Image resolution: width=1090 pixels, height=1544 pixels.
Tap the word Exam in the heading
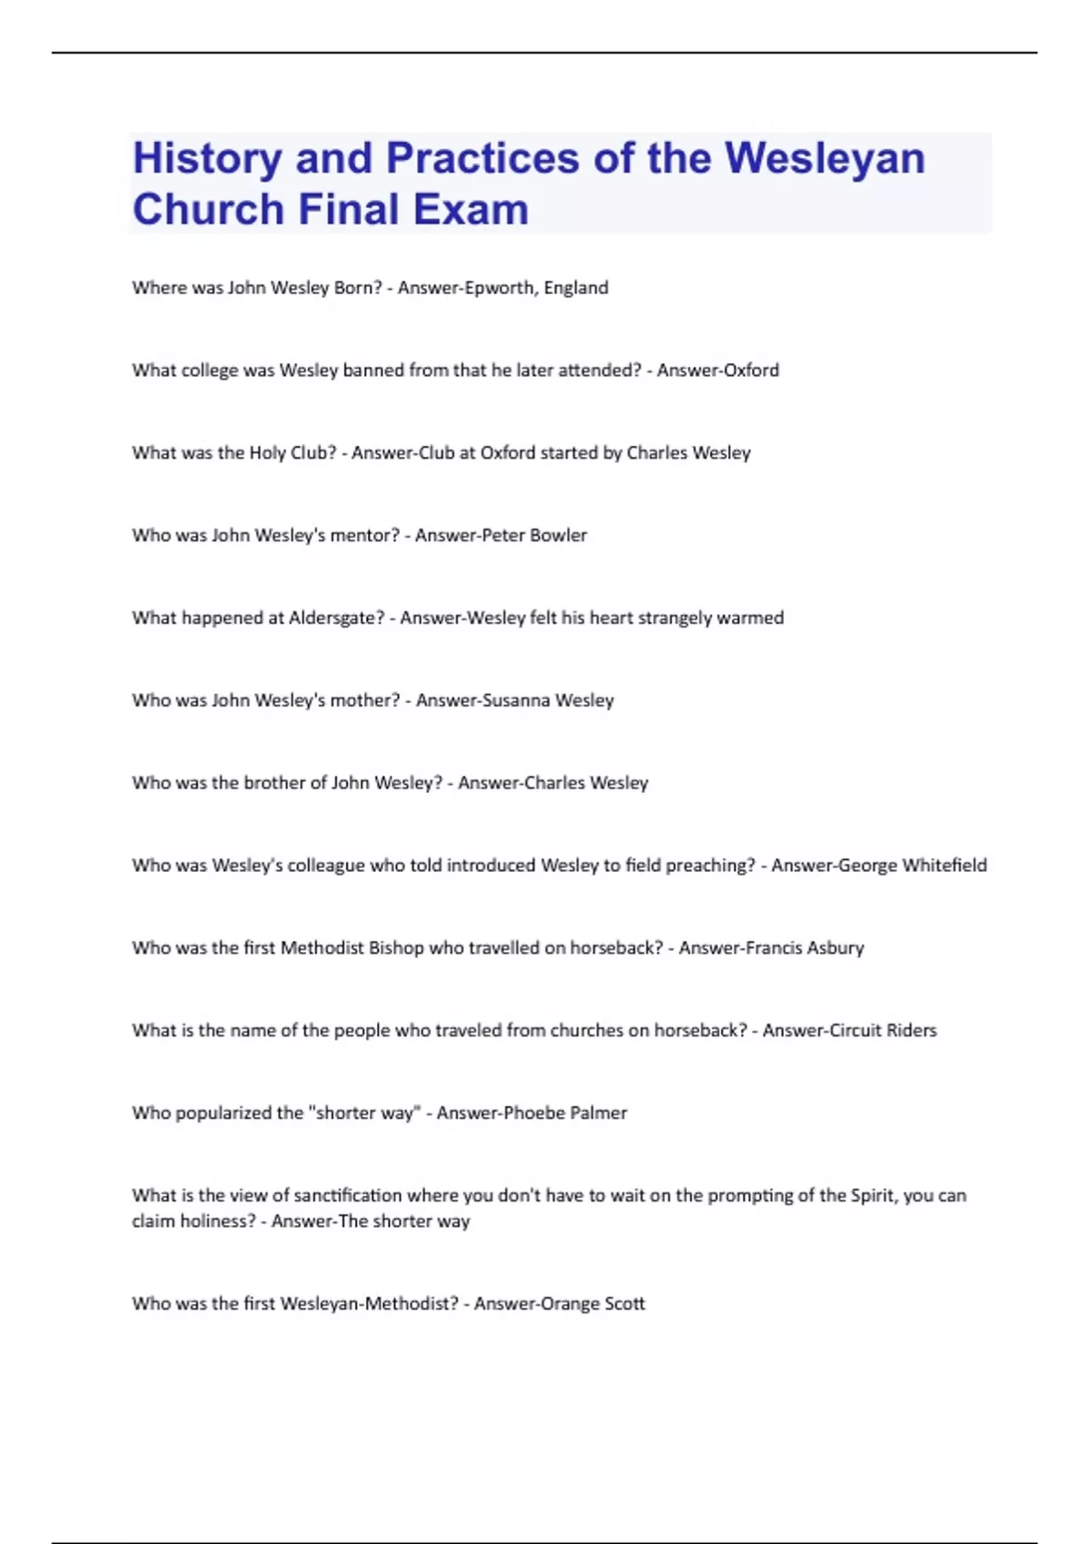pos(471,210)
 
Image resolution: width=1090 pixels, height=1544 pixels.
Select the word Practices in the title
pos(482,158)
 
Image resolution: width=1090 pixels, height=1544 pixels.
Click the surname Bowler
pos(558,536)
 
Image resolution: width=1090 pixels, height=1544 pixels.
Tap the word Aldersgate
pos(336,619)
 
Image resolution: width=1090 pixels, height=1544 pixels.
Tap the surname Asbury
pos(835,948)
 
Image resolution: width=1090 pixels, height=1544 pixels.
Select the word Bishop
pos(395,948)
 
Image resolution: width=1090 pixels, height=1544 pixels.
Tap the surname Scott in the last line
pos(624,1304)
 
